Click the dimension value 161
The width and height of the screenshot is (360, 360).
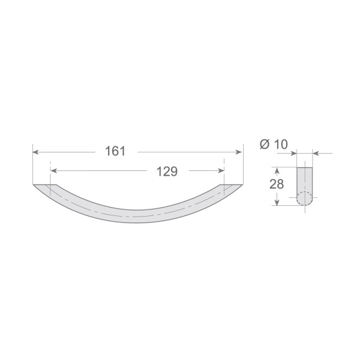click(115, 152)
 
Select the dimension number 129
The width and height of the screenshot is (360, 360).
click(167, 172)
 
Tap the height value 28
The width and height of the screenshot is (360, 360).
click(277, 185)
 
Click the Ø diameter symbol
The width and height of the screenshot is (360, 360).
click(264, 144)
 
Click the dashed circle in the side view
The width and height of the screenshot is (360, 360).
click(305, 198)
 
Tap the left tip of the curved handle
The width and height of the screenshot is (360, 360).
click(35, 185)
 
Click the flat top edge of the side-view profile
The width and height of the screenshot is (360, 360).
click(305, 167)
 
